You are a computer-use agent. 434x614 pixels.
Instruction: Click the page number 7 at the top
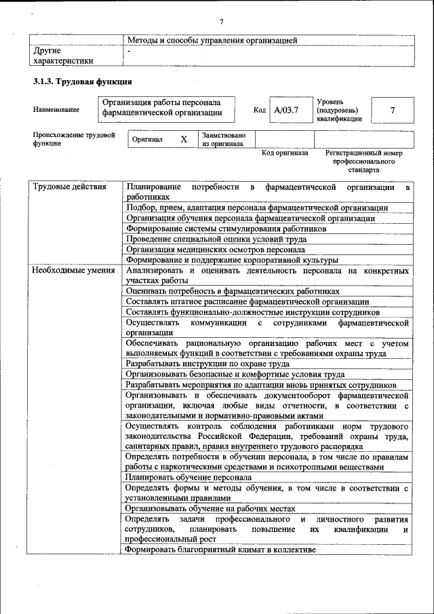click(x=221, y=22)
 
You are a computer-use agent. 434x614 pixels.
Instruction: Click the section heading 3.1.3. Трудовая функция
click(x=82, y=82)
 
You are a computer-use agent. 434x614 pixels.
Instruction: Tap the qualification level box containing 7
click(x=393, y=109)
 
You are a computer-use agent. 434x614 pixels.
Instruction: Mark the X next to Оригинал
click(x=183, y=139)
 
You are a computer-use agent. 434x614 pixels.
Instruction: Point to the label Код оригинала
click(x=285, y=153)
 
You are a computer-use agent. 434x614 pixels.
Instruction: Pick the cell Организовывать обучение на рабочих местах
click(x=210, y=509)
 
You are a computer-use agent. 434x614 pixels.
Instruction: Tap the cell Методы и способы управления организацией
click(x=212, y=41)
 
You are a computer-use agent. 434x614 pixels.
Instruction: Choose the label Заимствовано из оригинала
click(x=224, y=139)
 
